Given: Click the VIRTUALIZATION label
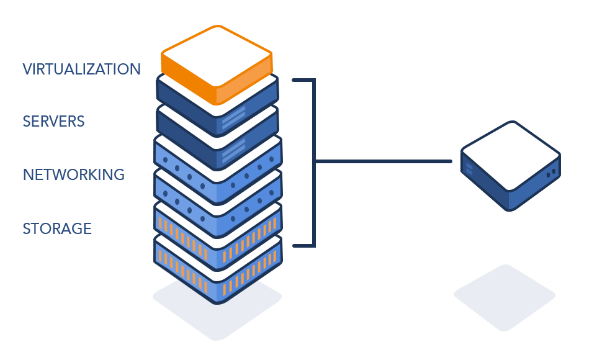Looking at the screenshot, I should [x=81, y=69].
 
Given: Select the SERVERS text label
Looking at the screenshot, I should [x=53, y=121].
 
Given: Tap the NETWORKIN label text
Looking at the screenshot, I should [x=67, y=174].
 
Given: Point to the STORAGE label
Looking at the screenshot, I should [x=57, y=228].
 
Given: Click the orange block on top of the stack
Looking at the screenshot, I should [x=216, y=62].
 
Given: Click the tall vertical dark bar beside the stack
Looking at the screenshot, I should [x=303, y=163].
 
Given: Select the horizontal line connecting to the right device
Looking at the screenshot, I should [x=385, y=161].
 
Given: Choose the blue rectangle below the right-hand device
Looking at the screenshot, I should [x=504, y=299].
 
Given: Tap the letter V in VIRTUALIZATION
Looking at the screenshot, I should [x=27, y=69].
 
